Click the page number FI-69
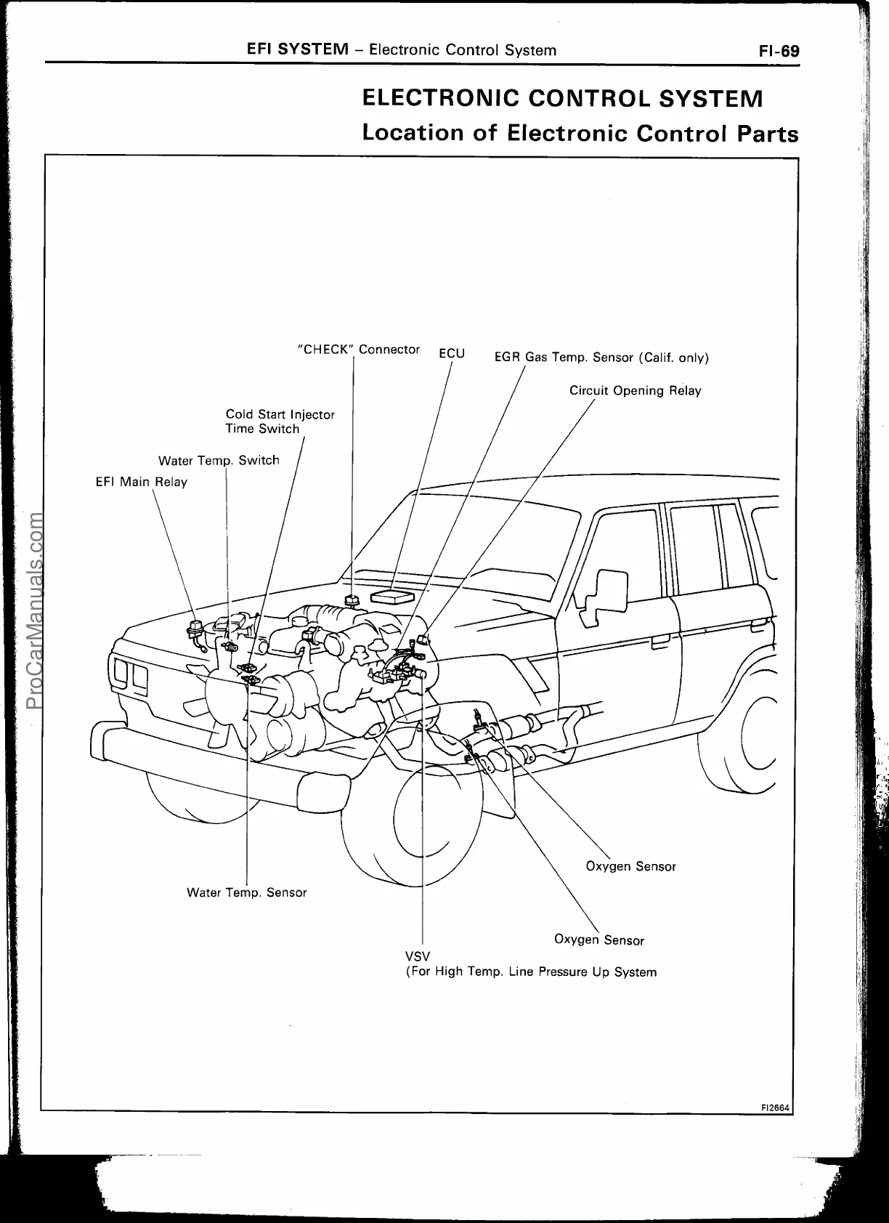pyautogui.click(x=779, y=51)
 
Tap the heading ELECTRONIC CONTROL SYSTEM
pyautogui.click(x=562, y=98)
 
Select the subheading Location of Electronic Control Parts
pyautogui.click(x=580, y=134)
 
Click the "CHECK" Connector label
pyautogui.click(x=359, y=350)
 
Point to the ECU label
pyautogui.click(x=452, y=353)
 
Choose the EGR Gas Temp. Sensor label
pyautogui.click(x=601, y=358)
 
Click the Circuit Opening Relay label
pyautogui.click(x=635, y=391)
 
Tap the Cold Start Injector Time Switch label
pyautogui.click(x=280, y=421)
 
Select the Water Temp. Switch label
pyautogui.click(x=219, y=460)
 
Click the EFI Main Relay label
pyautogui.click(x=142, y=482)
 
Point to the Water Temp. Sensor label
pyautogui.click(x=246, y=892)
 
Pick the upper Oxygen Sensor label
pyautogui.click(x=630, y=866)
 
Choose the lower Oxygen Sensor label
pyautogui.click(x=598, y=940)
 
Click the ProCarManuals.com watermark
pyautogui.click(x=33, y=610)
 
